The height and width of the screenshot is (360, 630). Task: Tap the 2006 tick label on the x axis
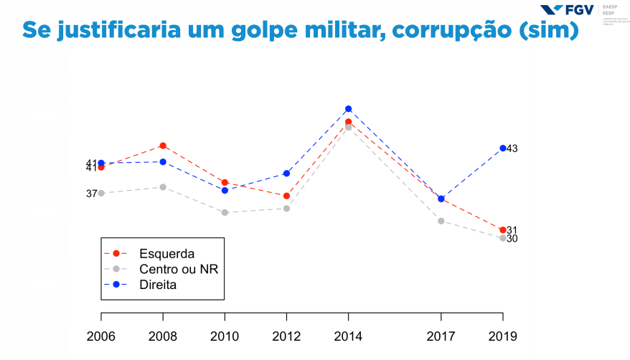pos(100,336)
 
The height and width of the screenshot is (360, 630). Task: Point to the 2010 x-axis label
pos(225,336)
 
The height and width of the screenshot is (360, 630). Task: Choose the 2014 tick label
pos(348,336)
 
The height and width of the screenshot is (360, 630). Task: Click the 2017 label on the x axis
pos(441,336)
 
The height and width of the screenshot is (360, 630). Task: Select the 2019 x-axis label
pos(502,336)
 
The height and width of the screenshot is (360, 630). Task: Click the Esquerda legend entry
pos(167,254)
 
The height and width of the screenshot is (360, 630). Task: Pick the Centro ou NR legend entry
pos(179,269)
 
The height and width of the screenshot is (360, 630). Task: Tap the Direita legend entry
pos(158,284)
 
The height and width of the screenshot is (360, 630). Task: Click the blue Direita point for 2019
pos(502,148)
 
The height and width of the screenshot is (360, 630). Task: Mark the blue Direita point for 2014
pos(348,109)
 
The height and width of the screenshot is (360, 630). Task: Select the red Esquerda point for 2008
pos(163,146)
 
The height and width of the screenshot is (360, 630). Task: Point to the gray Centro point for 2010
pos(225,212)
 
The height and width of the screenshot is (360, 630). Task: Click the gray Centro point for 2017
pos(441,221)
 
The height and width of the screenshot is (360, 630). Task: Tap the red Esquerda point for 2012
pos(286,196)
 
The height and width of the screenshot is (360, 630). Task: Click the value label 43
pos(512,148)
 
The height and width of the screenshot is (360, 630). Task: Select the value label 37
pos(91,194)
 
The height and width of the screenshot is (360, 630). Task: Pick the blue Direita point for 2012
pos(286,173)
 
